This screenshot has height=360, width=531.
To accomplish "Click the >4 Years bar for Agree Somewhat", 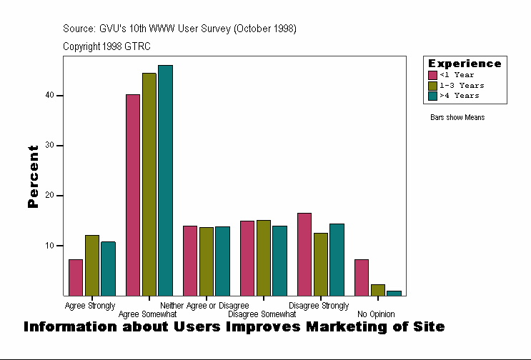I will coord(165,180).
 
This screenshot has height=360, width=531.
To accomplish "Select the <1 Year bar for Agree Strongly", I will coord(76,277).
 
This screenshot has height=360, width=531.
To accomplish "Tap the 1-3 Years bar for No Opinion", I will coord(377,290).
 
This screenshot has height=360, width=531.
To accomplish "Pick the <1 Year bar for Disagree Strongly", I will coord(304,254).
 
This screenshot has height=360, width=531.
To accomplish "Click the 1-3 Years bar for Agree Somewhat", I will coord(149,184).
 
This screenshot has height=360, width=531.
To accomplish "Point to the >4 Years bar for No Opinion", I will coord(394,293).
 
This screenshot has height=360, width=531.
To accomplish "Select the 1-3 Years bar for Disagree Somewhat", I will coord(263,258).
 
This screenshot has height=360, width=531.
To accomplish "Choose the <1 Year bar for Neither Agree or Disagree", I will coord(190,261).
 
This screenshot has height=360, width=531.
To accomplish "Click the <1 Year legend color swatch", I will coord(432,75).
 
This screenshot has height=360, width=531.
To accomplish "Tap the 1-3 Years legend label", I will coord(462,85).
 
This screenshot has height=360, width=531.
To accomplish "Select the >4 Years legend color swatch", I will coord(432,95).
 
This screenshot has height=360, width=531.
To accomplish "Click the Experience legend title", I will coord(465,64).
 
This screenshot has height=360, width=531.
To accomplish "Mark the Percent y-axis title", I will coord(33,176).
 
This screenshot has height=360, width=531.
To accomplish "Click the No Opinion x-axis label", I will coord(374,314).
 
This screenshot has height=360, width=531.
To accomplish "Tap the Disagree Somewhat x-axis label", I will coord(262,314).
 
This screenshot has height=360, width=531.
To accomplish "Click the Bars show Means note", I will coord(457,117).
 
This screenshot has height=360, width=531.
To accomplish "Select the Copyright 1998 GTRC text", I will coord(106,46).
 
